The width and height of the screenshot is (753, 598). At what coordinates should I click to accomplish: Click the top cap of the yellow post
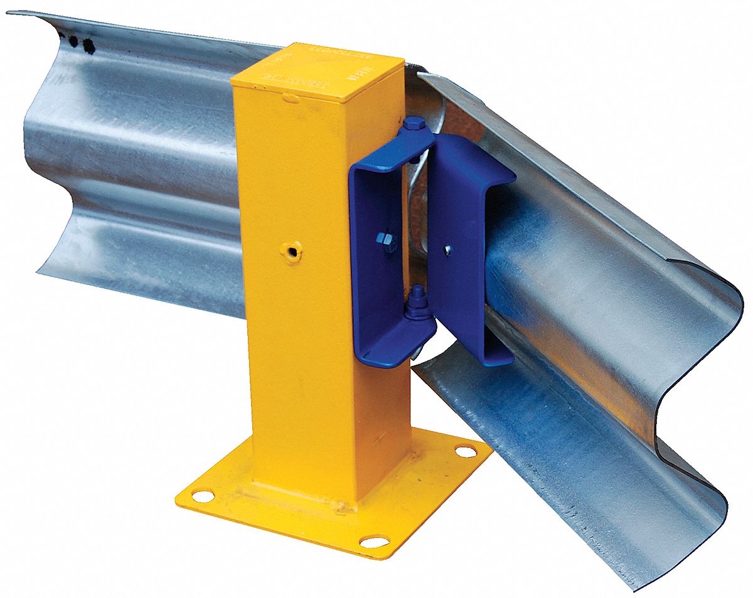pos(317,72)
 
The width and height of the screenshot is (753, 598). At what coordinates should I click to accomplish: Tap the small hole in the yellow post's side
pos(291,252)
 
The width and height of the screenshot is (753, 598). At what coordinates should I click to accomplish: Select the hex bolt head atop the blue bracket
pos(412,124)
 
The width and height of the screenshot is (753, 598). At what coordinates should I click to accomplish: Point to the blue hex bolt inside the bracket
pos(386,240)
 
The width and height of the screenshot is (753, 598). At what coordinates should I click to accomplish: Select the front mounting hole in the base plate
pos(375,540)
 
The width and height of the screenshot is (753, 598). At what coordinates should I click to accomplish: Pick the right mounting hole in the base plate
pos(466,451)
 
